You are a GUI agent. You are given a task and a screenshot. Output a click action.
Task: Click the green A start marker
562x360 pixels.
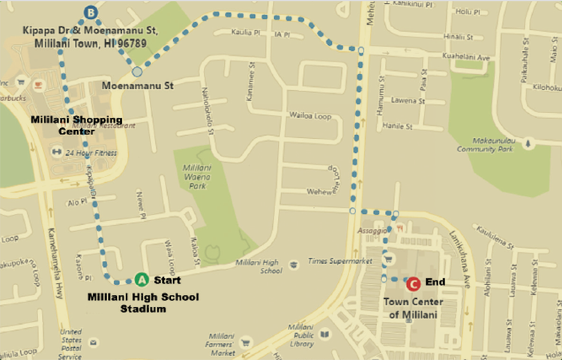pos(142,280)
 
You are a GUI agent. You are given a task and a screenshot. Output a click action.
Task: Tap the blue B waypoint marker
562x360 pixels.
pos(91,12)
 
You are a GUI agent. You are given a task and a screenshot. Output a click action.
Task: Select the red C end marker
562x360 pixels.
pos(412,283)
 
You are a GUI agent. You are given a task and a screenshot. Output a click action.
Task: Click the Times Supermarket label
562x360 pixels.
pos(340,262)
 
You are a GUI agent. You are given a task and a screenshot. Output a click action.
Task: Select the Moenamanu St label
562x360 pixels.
pos(138,85)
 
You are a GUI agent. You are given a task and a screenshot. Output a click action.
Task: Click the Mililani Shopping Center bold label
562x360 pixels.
pos(65,125)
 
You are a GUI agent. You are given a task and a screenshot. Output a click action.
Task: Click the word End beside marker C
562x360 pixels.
pos(435,283)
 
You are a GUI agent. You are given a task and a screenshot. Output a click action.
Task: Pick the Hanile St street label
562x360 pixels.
pos(398,126)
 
